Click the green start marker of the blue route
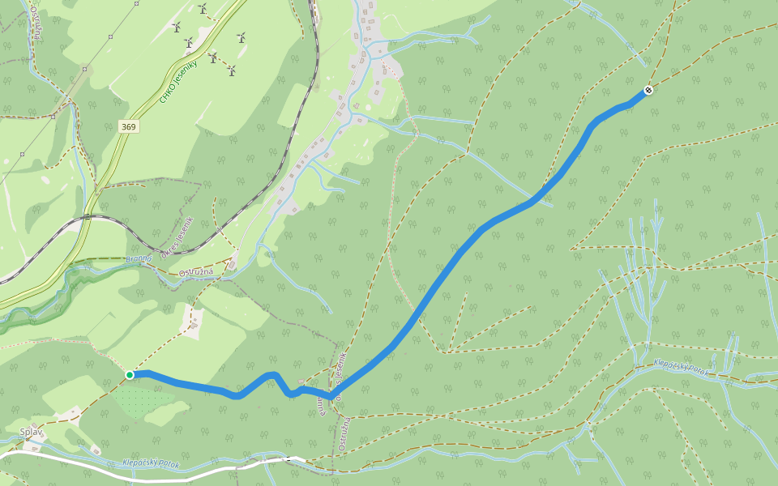point(130,374)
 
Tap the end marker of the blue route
point(648,90)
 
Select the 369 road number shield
point(129,126)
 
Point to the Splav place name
point(31,432)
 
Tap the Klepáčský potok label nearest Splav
point(150,463)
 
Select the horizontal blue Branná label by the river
point(139,259)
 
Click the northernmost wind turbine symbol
point(203,8)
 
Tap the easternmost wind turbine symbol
point(241,37)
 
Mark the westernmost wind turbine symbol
point(176,27)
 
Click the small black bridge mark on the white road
point(289,458)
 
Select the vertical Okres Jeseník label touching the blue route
point(342,371)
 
